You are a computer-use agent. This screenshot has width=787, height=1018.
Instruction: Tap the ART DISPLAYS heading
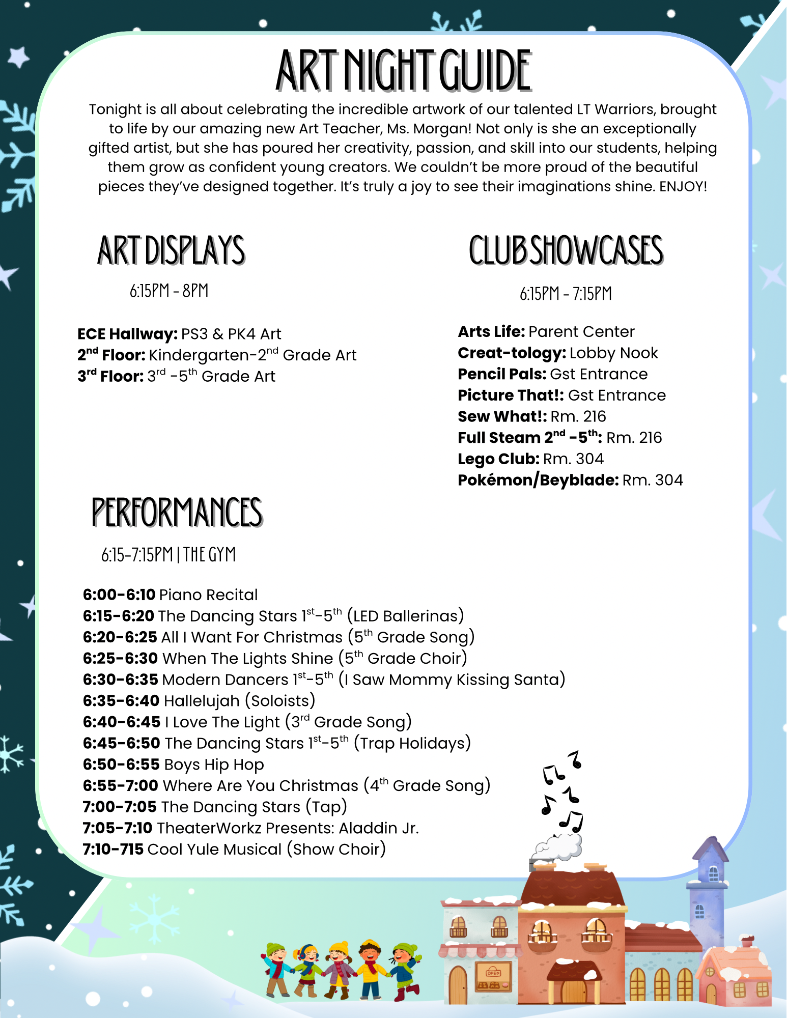pos(171,250)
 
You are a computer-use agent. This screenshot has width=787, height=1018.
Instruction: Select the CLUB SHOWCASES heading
pos(566,250)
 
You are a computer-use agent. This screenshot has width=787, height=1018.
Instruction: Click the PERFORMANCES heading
pos(177,512)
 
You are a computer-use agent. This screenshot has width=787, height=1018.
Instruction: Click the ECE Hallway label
pos(127,334)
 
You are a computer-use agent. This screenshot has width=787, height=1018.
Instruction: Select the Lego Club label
pos(498,459)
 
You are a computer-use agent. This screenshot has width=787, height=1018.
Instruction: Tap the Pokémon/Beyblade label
pos(538,480)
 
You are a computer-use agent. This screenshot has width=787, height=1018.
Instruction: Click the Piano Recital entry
pos(208,595)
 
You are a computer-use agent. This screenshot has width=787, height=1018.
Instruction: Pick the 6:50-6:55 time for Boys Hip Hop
pos(121,765)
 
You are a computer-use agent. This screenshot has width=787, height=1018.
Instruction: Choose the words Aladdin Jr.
pos(379,828)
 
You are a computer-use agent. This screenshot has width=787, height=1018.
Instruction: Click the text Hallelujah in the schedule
pos(202,701)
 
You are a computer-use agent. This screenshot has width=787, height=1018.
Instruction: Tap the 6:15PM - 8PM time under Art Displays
pos(169,291)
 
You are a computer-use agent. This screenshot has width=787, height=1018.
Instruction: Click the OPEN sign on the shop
pos(493,973)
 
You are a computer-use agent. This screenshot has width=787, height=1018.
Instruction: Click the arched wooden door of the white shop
pos(458,985)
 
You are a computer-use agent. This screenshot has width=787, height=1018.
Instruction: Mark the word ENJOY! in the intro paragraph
pos(683,187)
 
